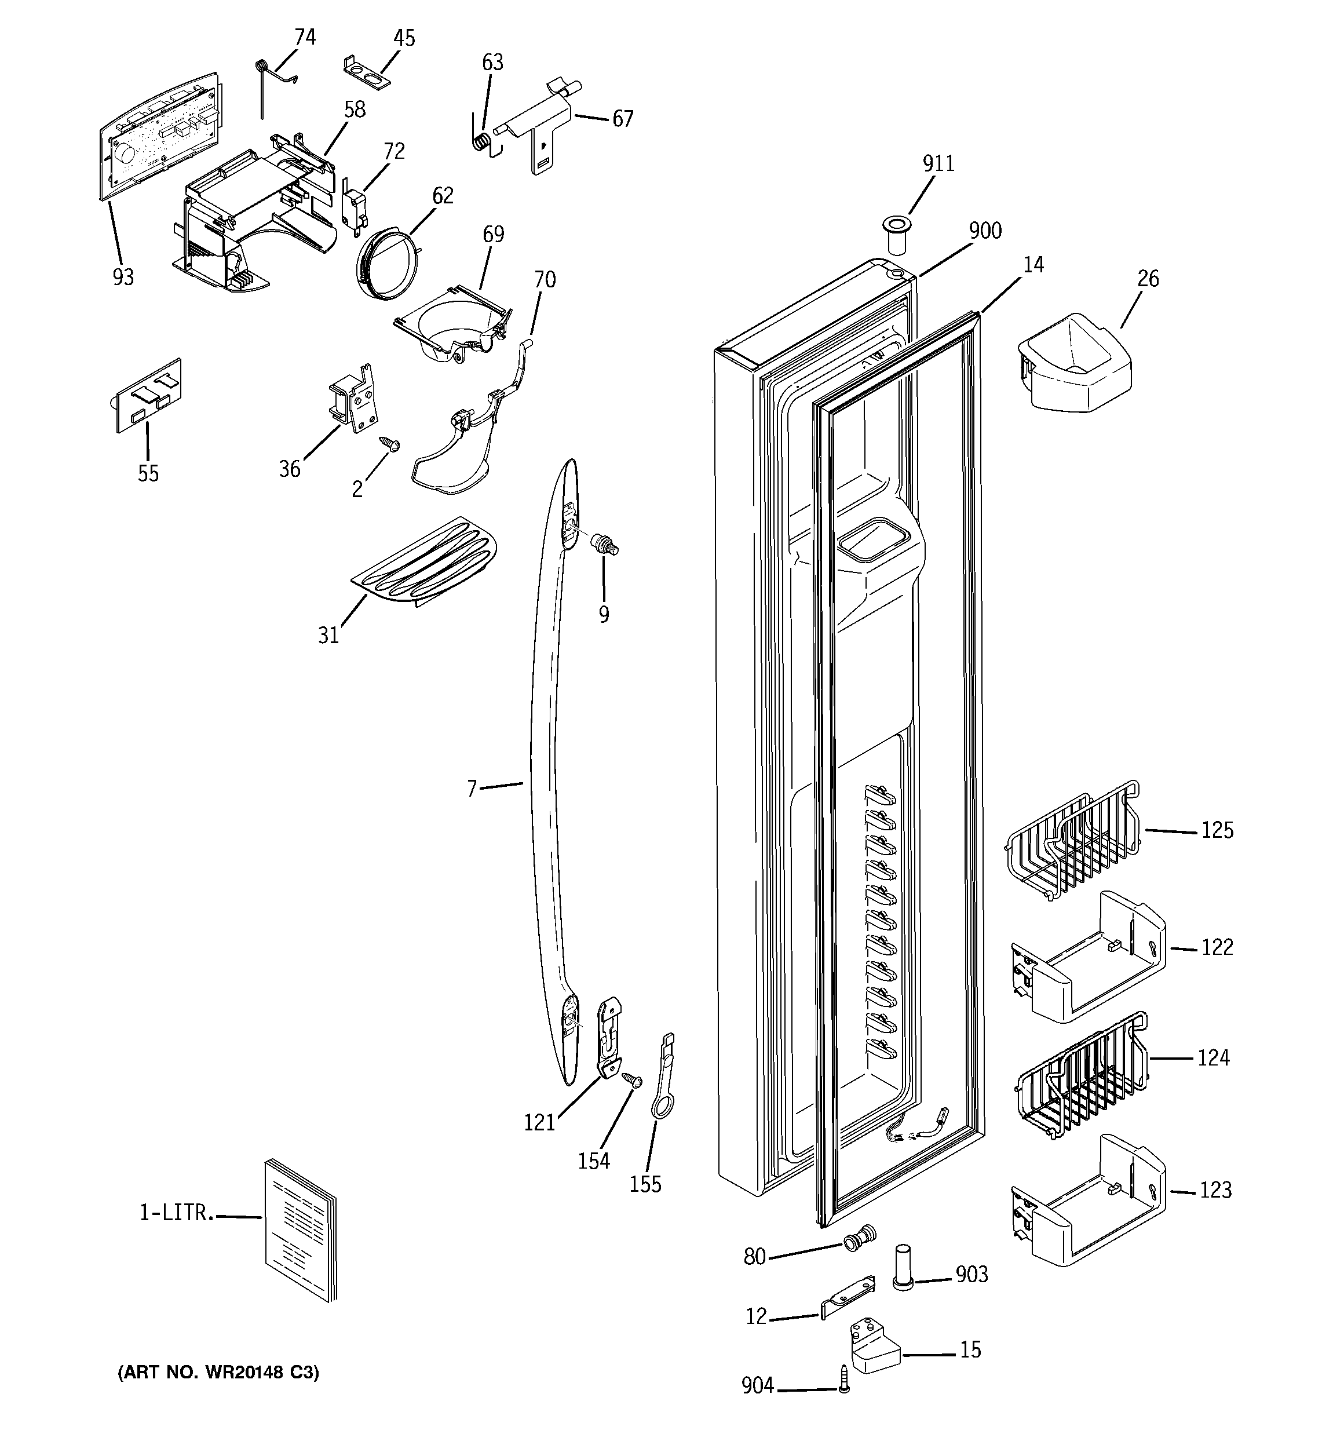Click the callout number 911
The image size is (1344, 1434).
coord(938,165)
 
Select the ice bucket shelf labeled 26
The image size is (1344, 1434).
coord(1073,364)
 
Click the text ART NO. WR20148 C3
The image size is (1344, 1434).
coord(218,1372)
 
